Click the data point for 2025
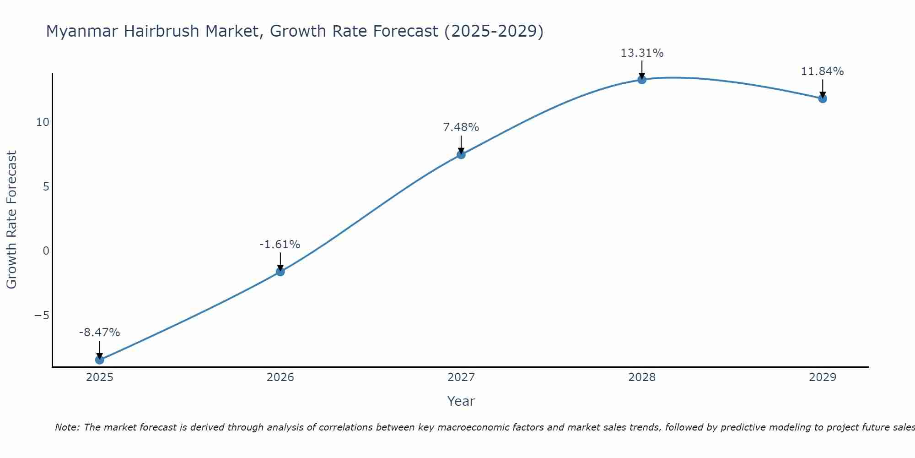(x=99, y=360)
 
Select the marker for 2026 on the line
(x=280, y=272)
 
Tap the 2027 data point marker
(x=461, y=154)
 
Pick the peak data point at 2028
(x=642, y=80)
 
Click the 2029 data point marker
(x=823, y=98)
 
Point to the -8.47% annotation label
(x=99, y=333)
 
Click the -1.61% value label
(x=280, y=245)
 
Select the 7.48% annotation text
(x=461, y=127)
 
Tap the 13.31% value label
(x=642, y=53)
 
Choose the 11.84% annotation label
(x=822, y=71)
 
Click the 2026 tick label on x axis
(x=280, y=377)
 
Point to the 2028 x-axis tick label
(x=642, y=377)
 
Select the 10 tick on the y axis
(x=43, y=122)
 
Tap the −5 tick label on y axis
(x=42, y=316)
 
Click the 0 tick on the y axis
(x=46, y=251)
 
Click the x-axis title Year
(x=461, y=401)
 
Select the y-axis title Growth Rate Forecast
(x=11, y=219)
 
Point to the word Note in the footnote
(x=67, y=427)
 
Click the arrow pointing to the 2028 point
(x=642, y=70)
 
